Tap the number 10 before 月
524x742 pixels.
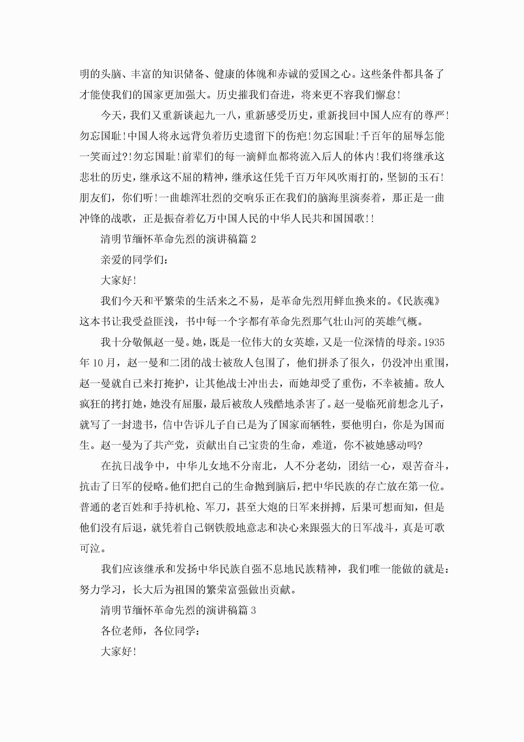tap(97, 363)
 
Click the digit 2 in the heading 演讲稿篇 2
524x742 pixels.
tap(253, 239)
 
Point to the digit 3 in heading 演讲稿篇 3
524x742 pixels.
tap(253, 610)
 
